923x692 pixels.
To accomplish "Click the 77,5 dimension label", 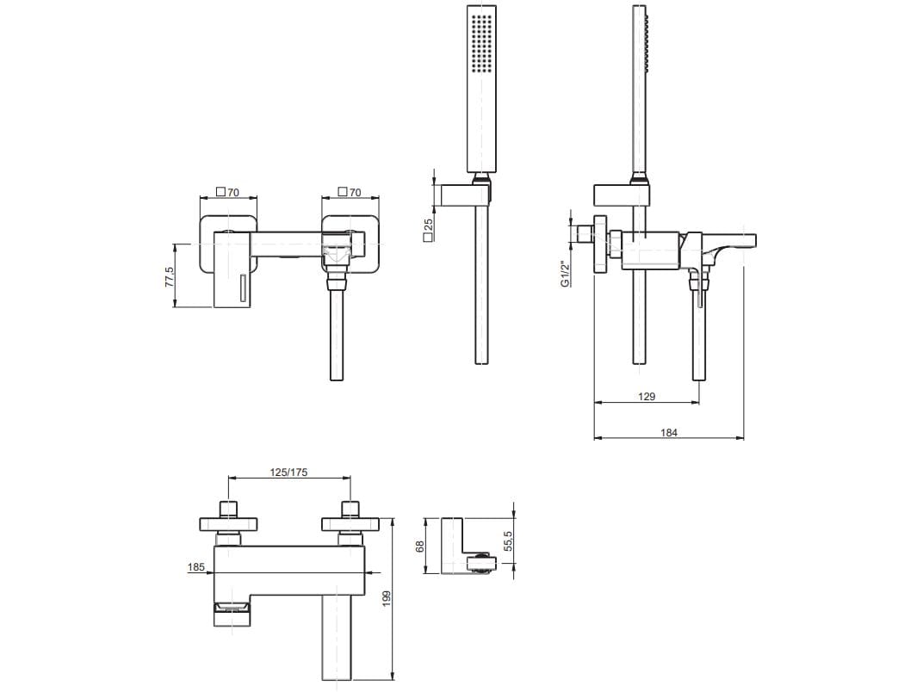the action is click(x=170, y=276).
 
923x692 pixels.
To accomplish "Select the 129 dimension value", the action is click(x=647, y=396).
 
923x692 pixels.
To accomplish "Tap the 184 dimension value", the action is click(x=669, y=432).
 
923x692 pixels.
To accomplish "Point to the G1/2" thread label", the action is click(x=565, y=274).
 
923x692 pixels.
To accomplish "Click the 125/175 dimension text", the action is click(x=288, y=472).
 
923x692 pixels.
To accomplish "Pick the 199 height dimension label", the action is click(x=387, y=598).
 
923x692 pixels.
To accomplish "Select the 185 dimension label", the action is click(x=196, y=567).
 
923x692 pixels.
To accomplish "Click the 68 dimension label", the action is click(x=419, y=546).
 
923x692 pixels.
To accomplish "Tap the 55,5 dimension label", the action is click(x=509, y=541).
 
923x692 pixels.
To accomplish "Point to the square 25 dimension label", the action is click(x=428, y=230).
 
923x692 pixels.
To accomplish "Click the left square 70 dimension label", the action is click(x=228, y=192).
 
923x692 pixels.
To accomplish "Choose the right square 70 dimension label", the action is click(x=350, y=192).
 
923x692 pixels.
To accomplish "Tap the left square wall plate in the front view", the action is click(x=229, y=244).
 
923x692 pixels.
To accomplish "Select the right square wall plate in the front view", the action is click(x=350, y=244).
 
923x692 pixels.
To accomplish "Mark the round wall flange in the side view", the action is click(x=600, y=244).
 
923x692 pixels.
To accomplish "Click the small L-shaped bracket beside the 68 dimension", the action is click(x=468, y=545).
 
